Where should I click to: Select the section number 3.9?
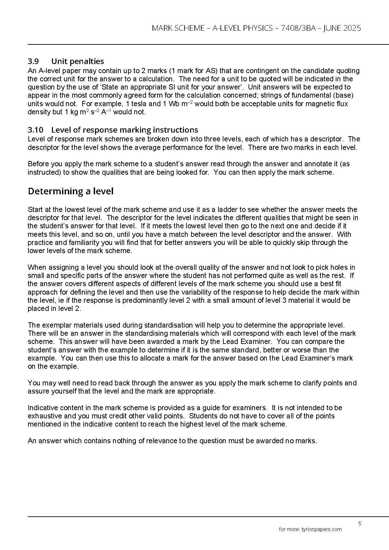(34, 61)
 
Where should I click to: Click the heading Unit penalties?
(78, 61)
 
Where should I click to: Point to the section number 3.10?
(35, 130)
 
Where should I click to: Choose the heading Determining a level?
(71, 191)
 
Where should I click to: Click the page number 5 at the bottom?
(360, 524)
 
